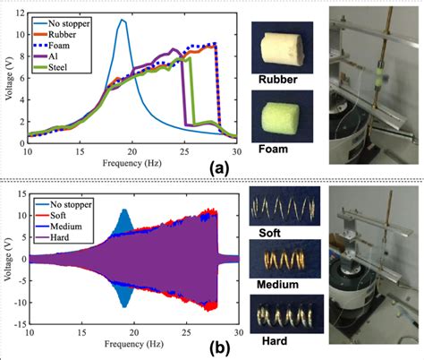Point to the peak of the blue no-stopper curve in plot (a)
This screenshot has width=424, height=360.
pos(123,21)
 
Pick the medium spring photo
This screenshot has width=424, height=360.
pos(283,260)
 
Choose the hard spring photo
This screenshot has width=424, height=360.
pos(283,316)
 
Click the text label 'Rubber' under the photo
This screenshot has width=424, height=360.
pos(278,82)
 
